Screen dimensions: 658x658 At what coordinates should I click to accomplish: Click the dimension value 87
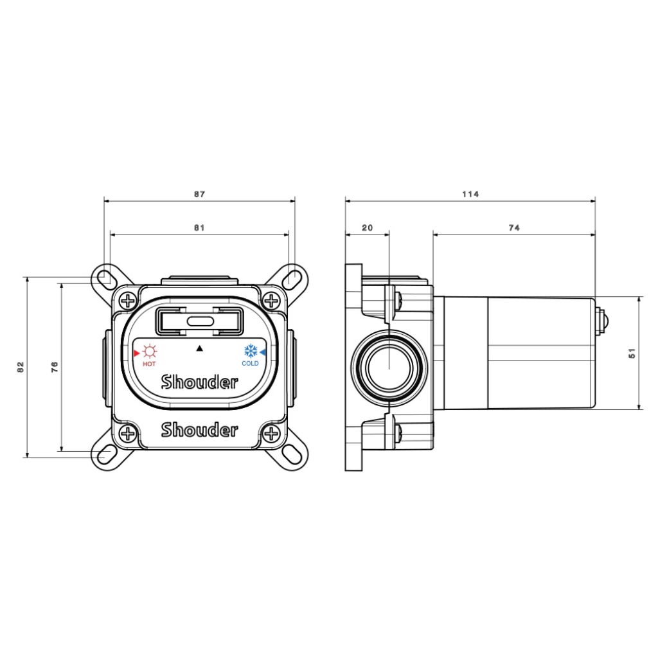point(199,194)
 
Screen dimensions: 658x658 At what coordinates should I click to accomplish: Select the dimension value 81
point(199,228)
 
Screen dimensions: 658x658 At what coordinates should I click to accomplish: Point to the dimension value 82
point(21,367)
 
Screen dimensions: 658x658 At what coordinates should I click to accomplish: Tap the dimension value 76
point(55,367)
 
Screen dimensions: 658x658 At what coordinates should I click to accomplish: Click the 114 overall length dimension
point(470,194)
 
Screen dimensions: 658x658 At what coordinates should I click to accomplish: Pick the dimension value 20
point(367,228)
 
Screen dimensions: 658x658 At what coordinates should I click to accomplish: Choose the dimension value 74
point(514,228)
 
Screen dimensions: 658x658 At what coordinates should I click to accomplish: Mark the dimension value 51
point(632,353)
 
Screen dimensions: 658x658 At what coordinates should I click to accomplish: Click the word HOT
point(149,364)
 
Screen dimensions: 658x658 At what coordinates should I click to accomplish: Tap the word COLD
point(250,364)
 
